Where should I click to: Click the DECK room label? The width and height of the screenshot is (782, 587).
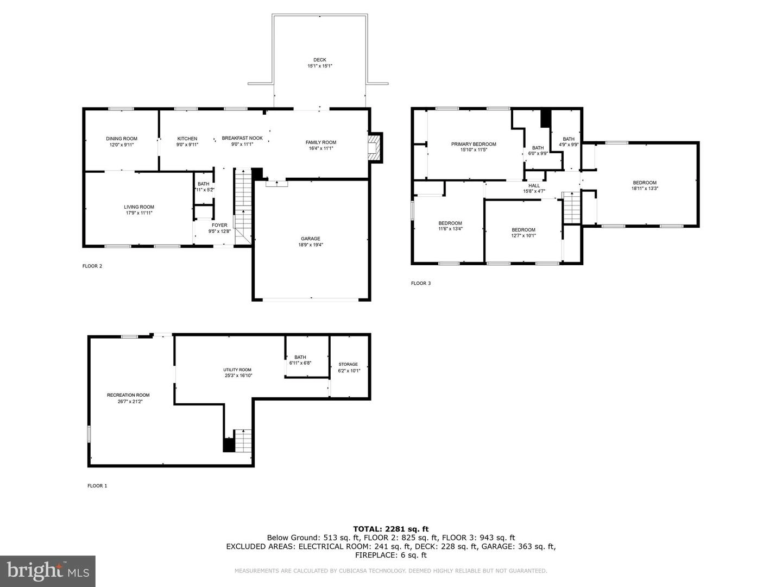319,60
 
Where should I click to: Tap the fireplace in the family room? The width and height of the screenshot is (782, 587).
375,148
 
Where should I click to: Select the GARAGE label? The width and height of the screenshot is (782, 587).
310,239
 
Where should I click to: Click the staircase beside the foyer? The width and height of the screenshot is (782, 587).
243,207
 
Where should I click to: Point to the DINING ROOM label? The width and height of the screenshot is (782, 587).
122,139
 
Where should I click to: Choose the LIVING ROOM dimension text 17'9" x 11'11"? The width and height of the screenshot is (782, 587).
139,213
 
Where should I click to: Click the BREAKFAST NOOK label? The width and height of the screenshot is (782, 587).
242,138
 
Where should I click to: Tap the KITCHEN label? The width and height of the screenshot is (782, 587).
187,139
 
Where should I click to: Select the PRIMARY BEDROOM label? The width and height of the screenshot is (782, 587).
474,144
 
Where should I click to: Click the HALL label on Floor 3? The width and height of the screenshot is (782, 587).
534,186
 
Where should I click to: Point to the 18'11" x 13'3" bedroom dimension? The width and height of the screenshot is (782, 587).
645,189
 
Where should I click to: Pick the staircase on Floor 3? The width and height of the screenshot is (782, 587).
571,208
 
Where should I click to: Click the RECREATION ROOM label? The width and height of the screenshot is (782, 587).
128,395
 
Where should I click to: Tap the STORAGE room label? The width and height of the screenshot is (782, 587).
348,364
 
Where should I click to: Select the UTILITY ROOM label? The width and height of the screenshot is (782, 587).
237,370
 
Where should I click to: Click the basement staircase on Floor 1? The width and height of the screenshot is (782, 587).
243,440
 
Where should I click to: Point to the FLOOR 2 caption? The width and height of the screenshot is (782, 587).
92,266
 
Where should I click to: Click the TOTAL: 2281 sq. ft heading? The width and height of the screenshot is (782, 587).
391,529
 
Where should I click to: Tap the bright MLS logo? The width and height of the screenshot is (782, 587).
48,571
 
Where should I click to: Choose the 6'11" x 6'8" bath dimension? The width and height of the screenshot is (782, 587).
300,363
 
